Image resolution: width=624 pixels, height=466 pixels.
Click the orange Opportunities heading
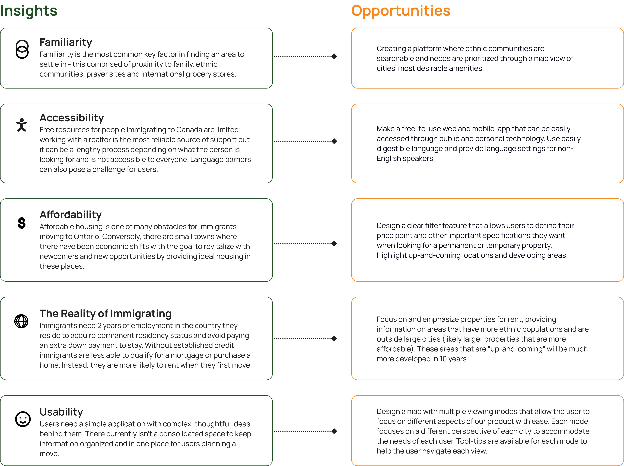point(401,11)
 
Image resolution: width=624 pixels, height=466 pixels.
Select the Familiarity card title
point(66,42)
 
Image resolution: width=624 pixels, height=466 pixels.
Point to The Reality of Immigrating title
point(105,313)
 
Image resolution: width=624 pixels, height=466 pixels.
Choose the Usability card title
point(61,412)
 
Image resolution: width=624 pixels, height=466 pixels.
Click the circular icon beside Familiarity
point(22,46)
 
